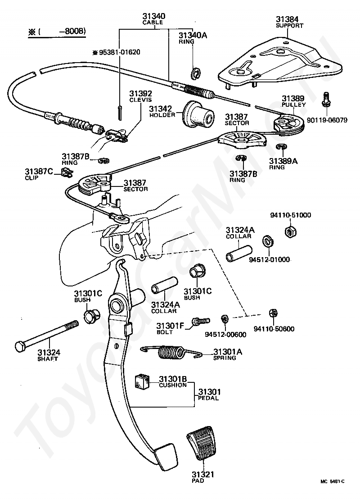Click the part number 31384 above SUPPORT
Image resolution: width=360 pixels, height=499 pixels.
click(287, 19)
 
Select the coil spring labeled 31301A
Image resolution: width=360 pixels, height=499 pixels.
click(172, 352)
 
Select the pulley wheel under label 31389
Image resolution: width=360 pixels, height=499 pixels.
click(289, 125)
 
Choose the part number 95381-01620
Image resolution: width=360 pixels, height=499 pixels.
click(119, 52)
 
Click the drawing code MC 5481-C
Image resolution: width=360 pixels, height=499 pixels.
click(332, 490)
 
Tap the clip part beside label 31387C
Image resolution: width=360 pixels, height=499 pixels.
click(66, 173)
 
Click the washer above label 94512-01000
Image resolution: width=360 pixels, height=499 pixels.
click(268, 241)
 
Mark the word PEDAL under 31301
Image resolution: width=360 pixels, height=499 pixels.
click(208, 398)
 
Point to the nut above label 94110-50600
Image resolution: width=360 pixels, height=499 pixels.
click(273, 313)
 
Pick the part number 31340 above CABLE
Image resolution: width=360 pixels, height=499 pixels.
click(154, 16)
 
